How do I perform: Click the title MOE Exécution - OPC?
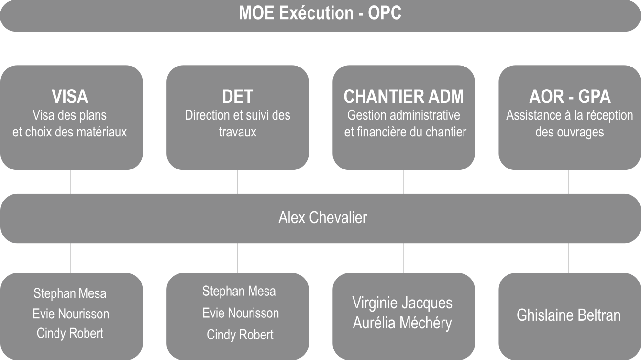(x=320, y=13)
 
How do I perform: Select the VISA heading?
(x=70, y=96)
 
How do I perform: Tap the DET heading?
(x=238, y=96)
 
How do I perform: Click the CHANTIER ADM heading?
(x=403, y=96)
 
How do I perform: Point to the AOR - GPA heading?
(x=570, y=96)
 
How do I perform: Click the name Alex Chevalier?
(x=323, y=218)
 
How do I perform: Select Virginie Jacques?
(x=402, y=304)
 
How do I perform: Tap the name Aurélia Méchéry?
(x=402, y=323)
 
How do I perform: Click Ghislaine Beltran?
(x=569, y=315)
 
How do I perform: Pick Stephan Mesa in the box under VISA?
(x=70, y=293)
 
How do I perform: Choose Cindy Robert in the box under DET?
(x=240, y=335)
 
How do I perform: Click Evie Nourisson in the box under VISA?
(x=71, y=314)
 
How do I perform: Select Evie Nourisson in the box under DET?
(x=241, y=313)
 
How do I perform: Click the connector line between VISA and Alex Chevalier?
(x=71, y=182)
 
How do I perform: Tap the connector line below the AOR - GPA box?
(x=569, y=182)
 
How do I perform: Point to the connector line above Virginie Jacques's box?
(x=404, y=258)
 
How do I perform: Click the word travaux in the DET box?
(x=238, y=132)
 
